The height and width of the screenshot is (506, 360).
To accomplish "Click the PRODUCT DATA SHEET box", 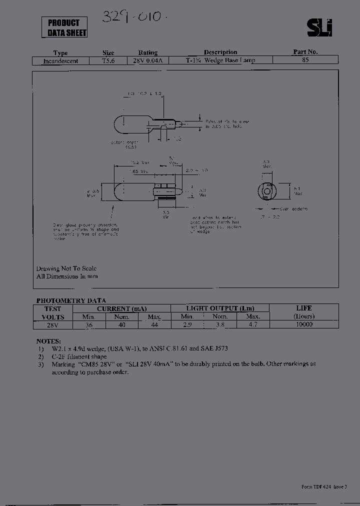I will point(64,27).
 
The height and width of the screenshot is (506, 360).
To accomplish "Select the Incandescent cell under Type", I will point(60,60).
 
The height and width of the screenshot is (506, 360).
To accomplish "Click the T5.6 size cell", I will point(108,60).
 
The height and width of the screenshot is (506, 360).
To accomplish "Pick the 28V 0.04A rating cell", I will point(148,60).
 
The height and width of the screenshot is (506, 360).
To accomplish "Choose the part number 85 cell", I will point(305,60).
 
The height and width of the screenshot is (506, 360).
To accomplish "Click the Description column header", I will point(220,52).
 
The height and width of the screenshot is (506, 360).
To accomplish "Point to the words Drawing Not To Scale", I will point(66,268).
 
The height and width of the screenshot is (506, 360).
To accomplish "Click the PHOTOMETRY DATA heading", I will point(71,300).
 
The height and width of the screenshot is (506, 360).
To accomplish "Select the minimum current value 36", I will point(89,324).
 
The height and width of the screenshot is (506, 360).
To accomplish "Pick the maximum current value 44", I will point(154,324).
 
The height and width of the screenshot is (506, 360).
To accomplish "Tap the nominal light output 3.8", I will point(220,324).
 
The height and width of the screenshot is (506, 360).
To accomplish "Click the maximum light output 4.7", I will point(253,324).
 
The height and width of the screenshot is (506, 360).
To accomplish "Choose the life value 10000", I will point(303,324).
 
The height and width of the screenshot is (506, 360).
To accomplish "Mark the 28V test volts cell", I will point(52,324).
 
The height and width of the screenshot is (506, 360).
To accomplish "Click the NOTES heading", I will point(49,340).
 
